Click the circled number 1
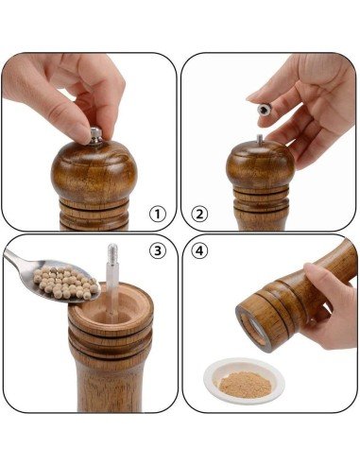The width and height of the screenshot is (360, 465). (157, 215)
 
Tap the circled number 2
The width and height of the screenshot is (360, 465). (199, 215)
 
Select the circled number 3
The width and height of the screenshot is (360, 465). (157, 250)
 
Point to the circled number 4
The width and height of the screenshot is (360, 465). (199, 250)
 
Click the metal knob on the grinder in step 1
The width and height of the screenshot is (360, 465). (95, 136)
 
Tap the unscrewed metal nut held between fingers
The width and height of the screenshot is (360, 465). (265, 110)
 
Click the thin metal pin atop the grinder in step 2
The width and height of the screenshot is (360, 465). (260, 140)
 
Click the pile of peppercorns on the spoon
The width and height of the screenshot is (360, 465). (65, 283)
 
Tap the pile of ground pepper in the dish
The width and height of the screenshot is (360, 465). (245, 384)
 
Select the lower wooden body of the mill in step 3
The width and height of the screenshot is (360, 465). (110, 386)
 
